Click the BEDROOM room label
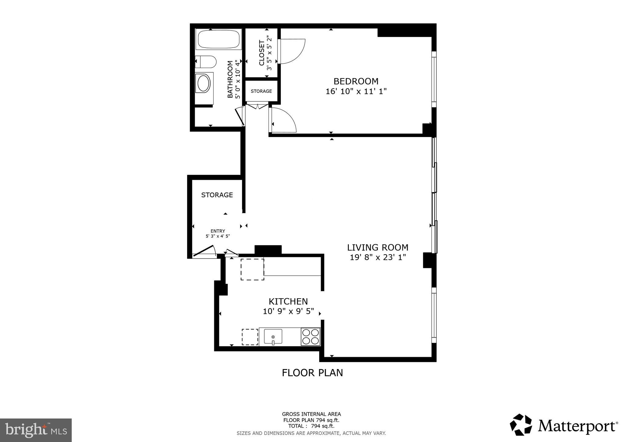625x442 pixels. [356, 81]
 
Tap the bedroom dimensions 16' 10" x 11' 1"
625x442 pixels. [356, 91]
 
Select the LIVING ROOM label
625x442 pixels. [378, 247]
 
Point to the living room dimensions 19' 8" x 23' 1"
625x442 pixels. [378, 257]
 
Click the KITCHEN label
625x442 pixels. [288, 302]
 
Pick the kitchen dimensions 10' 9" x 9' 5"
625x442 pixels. [288, 311]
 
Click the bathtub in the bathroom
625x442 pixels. [219, 39]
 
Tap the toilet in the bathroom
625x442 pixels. [206, 62]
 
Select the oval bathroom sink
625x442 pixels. [204, 84]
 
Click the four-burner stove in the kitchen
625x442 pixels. [310, 336]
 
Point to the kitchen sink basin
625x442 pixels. [273, 336]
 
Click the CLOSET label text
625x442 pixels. [262, 53]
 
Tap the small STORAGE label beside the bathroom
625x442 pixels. [261, 91]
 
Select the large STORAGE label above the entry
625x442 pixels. [217, 195]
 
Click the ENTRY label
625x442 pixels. [218, 231]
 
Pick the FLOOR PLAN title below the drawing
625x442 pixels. [312, 373]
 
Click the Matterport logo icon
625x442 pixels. [521, 425]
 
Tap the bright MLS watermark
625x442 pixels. [36, 430]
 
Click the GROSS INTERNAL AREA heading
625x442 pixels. [311, 414]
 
